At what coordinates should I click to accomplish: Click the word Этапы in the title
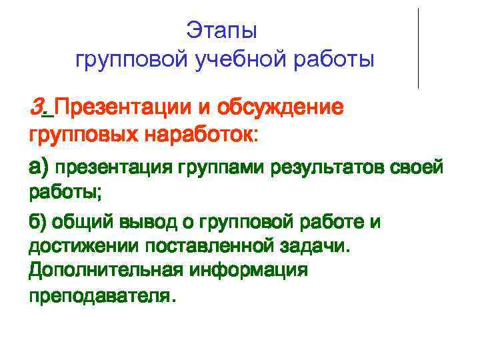click(222, 31)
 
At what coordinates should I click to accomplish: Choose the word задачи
click(315, 247)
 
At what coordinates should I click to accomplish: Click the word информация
click(250, 271)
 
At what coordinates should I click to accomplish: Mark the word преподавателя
click(101, 296)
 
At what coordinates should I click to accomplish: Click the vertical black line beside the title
click(418, 48)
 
